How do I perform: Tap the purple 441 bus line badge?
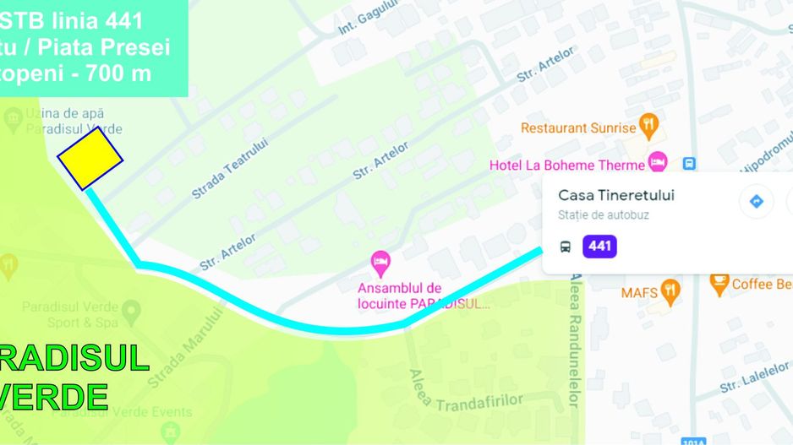[x=599, y=247]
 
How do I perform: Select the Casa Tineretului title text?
[x=616, y=195]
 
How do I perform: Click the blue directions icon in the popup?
[x=757, y=201]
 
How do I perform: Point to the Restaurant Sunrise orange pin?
[x=648, y=126]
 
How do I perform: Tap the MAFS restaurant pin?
[x=670, y=291]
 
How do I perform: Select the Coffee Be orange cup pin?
[x=719, y=284]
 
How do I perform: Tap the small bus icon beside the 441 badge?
[x=565, y=247]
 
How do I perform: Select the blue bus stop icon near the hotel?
[x=689, y=163]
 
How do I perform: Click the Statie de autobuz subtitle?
[x=604, y=215]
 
